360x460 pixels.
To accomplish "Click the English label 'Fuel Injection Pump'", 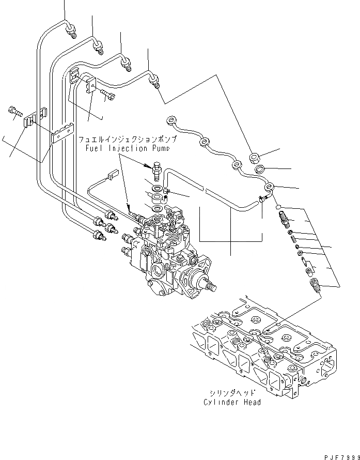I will point(127,148).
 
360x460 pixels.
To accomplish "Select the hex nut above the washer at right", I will point(255,157).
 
